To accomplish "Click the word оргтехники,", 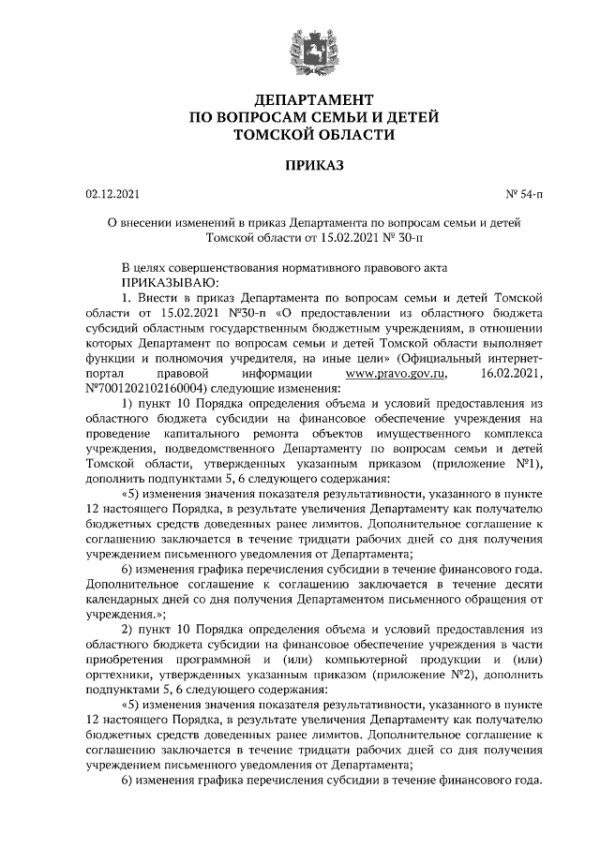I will [x=120, y=674].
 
